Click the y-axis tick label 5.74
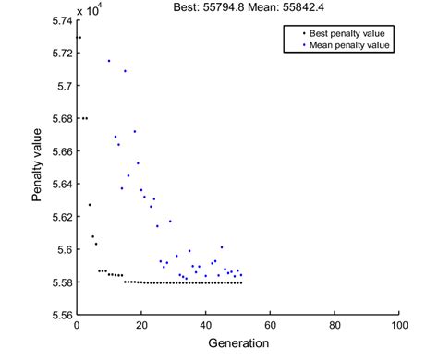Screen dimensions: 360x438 click(x=60, y=20)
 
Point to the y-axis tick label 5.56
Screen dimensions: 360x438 click(x=60, y=315)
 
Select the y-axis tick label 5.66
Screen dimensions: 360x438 click(x=60, y=151)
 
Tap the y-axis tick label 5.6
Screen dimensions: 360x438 click(x=64, y=249)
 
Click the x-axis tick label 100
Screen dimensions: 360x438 click(x=398, y=326)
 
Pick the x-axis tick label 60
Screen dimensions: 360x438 click(x=270, y=326)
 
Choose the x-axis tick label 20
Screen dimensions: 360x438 click(x=141, y=326)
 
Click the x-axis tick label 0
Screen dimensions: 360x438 click(x=78, y=326)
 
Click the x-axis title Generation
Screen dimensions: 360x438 click(x=237, y=343)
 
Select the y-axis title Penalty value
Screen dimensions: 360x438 click(x=37, y=167)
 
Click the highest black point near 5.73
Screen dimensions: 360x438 click(x=79, y=38)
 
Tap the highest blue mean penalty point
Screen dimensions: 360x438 click(x=109, y=61)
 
